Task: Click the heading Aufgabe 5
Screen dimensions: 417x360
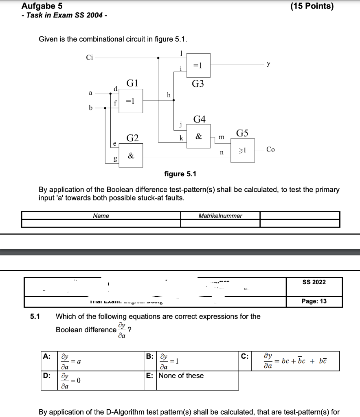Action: tap(42, 6)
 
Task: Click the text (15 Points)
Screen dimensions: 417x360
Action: tap(312, 6)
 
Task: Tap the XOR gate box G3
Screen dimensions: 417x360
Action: tap(198, 66)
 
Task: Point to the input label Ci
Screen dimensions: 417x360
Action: tap(89, 57)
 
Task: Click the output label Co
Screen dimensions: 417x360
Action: tap(270, 149)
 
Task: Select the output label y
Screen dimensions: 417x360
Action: tap(268, 63)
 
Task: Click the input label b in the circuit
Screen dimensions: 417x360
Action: tap(91, 108)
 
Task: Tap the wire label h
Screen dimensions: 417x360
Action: tap(169, 95)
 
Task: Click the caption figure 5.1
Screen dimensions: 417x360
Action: tap(180, 174)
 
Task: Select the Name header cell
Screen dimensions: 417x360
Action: tap(101, 215)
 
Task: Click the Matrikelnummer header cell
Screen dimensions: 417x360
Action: tap(220, 215)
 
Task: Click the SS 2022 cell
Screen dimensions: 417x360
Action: tap(314, 282)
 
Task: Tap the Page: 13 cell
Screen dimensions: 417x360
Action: tap(314, 301)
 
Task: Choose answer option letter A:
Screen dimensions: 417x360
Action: tap(47, 356)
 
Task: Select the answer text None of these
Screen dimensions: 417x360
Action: tap(181, 375)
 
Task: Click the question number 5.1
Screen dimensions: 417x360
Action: tap(35, 316)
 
